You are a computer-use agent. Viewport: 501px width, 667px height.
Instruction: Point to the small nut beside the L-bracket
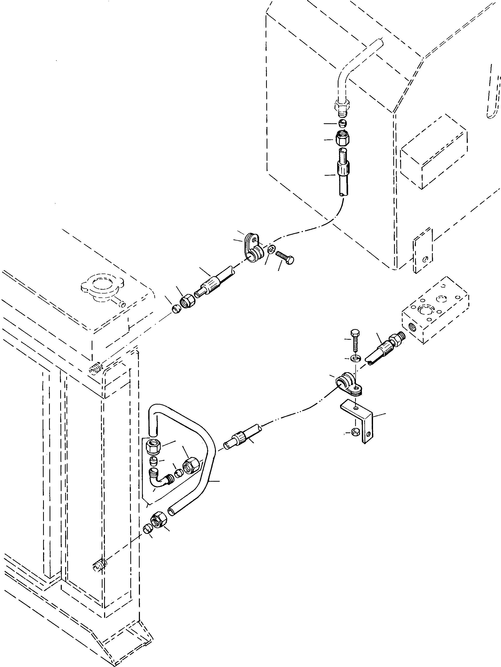pyautogui.click(x=355, y=433)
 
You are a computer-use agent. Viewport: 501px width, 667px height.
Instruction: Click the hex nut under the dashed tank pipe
pyautogui.click(x=342, y=139)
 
